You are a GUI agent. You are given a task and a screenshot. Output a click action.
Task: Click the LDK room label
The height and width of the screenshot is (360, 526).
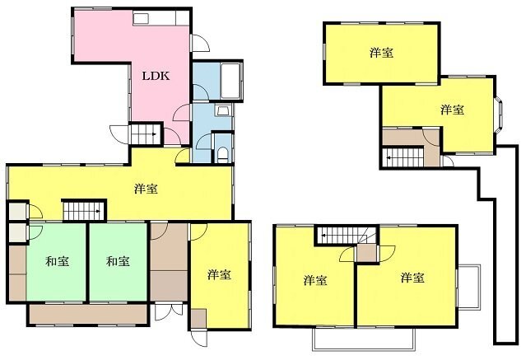click(x=156, y=76)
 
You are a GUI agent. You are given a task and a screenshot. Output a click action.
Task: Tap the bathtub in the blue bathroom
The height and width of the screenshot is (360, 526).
click(x=230, y=81)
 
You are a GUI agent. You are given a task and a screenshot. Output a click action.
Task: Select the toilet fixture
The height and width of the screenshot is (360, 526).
click(x=223, y=154)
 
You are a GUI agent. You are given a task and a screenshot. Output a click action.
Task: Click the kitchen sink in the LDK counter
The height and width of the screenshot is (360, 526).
click(x=141, y=18)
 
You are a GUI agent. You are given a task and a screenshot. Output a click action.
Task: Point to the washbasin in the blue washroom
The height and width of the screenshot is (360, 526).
click(x=223, y=110)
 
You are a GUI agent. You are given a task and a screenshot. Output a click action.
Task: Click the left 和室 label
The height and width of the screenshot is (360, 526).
click(x=58, y=261)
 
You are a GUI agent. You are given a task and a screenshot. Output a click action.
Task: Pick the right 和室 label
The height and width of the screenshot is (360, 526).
click(x=118, y=261)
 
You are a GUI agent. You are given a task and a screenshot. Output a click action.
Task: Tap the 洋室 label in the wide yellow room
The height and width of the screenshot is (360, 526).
click(x=146, y=189)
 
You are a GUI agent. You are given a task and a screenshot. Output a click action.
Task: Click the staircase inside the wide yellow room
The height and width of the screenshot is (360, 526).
click(x=84, y=211)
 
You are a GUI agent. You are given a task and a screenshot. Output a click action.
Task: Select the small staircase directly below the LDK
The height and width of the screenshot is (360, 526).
click(x=145, y=134)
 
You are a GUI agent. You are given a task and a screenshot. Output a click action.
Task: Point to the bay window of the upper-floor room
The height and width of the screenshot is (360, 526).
click(x=499, y=115)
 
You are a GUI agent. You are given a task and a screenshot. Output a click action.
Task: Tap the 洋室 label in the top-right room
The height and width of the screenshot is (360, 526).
click(x=381, y=53)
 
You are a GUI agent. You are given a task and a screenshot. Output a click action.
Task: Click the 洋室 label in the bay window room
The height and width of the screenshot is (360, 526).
click(x=452, y=110)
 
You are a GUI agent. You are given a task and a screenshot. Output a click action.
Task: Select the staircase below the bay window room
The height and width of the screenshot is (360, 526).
click(x=403, y=157)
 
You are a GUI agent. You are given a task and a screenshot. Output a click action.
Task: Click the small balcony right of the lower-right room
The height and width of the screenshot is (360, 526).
click(x=469, y=286)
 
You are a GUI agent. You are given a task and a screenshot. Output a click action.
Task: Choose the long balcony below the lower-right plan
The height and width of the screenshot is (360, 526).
click(x=364, y=339)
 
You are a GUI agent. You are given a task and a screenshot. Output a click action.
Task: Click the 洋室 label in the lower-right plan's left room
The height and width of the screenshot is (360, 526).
click(x=315, y=280)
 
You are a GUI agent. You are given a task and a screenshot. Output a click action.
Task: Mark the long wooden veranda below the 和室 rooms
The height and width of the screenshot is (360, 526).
click(x=88, y=315)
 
